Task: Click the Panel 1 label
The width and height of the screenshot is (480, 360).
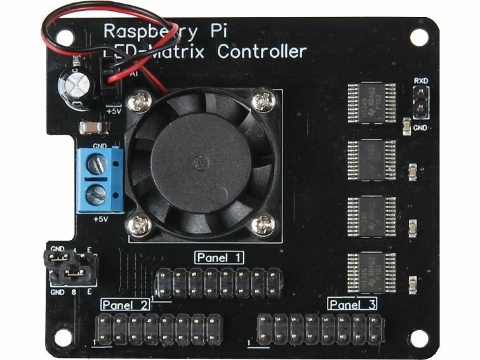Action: [220, 258]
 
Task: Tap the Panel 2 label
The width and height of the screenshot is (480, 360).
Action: [125, 305]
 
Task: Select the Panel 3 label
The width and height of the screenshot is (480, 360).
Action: [353, 304]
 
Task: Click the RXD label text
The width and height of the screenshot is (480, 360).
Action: [420, 81]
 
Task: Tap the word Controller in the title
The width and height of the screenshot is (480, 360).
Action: [262, 52]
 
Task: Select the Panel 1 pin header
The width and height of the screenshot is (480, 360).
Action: [218, 283]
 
